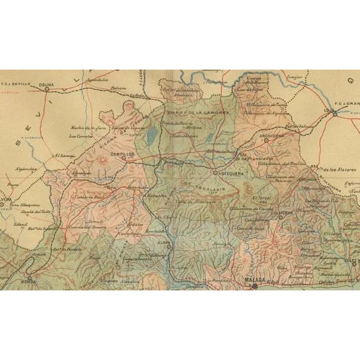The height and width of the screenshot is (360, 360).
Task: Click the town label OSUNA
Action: pos(46,85)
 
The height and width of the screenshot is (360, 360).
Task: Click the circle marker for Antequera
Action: pos(215,173)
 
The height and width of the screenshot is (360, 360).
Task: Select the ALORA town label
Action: pos(164,242)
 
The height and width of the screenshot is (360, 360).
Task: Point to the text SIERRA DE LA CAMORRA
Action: pos(189,113)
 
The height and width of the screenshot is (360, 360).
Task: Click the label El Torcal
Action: pos(261,197)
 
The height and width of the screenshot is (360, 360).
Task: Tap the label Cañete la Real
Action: pos(89,199)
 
